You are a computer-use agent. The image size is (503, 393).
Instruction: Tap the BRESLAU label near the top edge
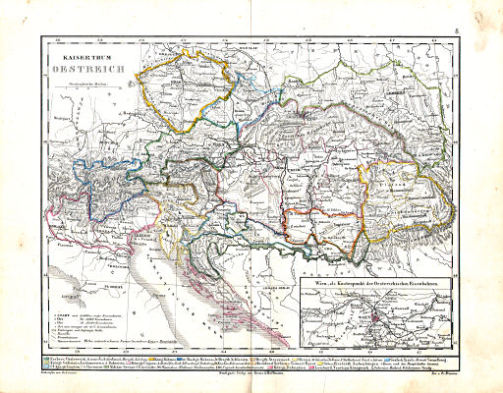[x=257, y=46]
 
